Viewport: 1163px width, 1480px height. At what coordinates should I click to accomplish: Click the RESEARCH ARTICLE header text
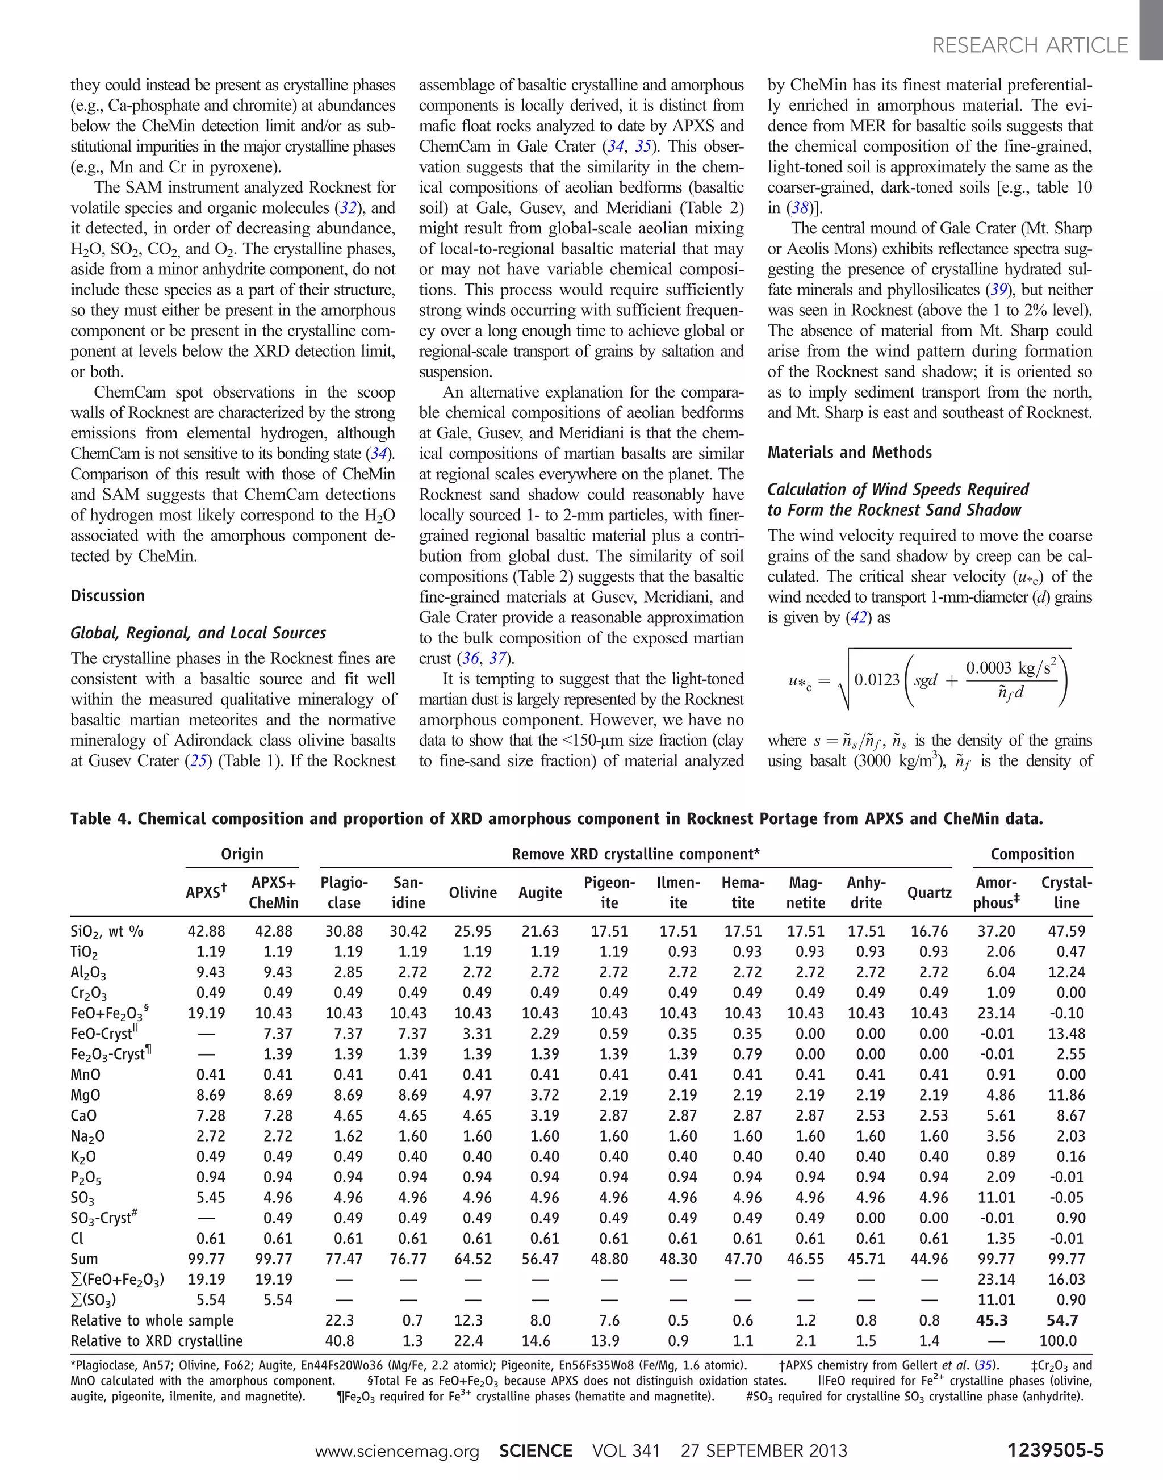(x=1030, y=45)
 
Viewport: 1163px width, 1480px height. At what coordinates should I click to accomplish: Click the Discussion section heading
(x=107, y=596)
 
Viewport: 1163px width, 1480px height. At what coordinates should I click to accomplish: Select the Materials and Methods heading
(x=849, y=452)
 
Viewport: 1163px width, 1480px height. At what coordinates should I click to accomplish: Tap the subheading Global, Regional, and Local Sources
(x=198, y=633)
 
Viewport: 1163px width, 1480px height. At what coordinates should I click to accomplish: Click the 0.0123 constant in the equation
(x=876, y=680)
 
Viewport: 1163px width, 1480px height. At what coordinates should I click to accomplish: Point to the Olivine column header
(x=472, y=892)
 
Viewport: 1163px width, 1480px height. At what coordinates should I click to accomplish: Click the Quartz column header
(x=929, y=892)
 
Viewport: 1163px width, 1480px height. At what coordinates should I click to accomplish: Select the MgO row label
(x=85, y=1095)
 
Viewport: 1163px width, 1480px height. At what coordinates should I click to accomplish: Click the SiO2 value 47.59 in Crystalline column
(x=1066, y=931)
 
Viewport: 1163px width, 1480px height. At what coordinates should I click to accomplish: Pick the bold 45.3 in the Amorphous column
(x=992, y=1320)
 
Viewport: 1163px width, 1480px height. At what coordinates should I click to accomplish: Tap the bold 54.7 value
(x=1062, y=1320)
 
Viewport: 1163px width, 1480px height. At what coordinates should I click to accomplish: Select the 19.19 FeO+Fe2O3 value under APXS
(x=206, y=1013)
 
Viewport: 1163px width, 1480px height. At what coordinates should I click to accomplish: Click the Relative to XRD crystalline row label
(x=156, y=1340)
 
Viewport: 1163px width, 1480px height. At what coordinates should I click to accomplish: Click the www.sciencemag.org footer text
(x=396, y=1450)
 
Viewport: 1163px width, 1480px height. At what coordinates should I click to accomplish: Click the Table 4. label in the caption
(x=100, y=819)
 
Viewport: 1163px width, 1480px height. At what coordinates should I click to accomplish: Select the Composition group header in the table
(x=1032, y=854)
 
